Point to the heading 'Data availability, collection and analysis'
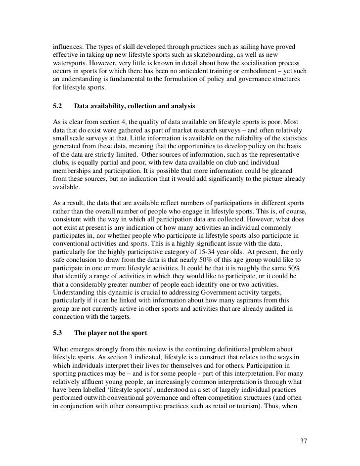click(x=134, y=106)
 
